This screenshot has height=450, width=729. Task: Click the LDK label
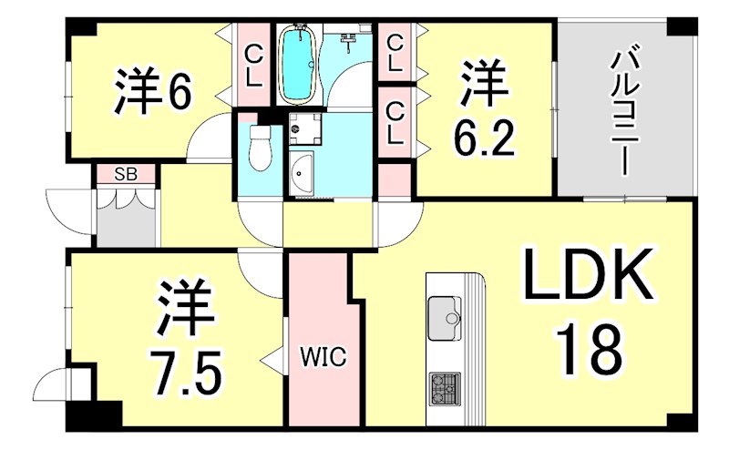point(588,276)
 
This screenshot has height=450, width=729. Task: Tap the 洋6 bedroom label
point(153,89)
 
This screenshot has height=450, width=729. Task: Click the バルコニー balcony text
point(623,109)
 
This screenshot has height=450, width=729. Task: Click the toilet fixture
point(261,148)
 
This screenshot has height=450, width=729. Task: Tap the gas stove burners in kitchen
point(445,389)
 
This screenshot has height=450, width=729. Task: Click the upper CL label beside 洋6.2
point(395,52)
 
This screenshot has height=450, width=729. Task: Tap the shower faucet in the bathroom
point(349,41)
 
